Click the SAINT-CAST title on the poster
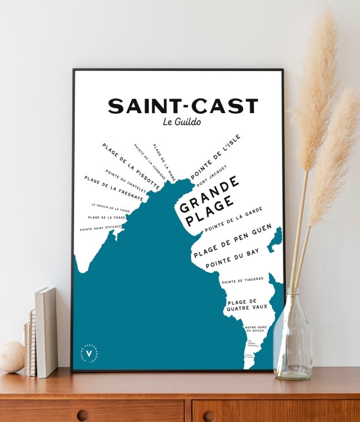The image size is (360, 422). [x=182, y=106]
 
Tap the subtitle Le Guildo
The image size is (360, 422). [x=182, y=122]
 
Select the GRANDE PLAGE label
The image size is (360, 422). [x=208, y=202]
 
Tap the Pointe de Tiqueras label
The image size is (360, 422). [x=242, y=280]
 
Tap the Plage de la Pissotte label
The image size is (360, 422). [x=132, y=166]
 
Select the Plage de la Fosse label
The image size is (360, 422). [x=107, y=217]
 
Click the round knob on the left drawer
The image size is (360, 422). [x=83, y=415]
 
